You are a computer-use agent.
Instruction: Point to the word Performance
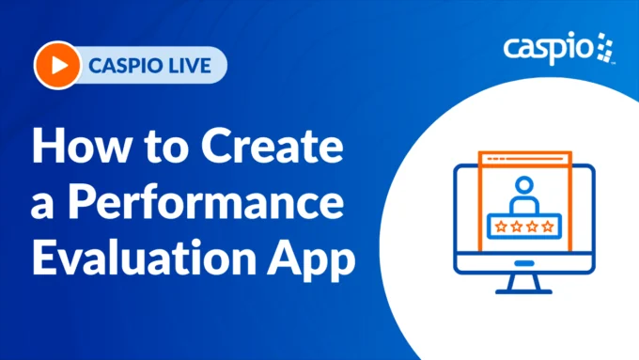coord(214,204)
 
